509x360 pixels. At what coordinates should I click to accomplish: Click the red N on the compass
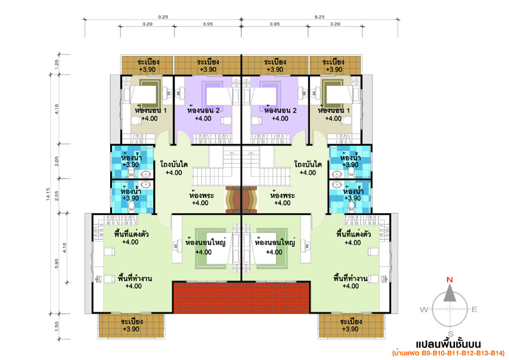point(450,280)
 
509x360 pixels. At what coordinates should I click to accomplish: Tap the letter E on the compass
point(474,309)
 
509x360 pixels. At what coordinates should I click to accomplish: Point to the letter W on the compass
point(424,309)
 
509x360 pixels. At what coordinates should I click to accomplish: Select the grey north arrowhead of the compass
point(450,293)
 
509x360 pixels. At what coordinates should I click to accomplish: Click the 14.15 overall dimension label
point(48,194)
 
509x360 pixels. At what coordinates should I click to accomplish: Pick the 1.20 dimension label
point(57,65)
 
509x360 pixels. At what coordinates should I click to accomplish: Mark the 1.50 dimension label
point(57,326)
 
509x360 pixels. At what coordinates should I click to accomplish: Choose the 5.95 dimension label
point(57,263)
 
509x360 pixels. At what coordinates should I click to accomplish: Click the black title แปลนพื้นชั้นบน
point(449,343)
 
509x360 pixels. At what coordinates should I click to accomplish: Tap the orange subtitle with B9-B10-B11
point(449,353)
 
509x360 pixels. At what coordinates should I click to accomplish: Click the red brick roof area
point(241,298)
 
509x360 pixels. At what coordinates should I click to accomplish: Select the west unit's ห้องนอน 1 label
point(151,111)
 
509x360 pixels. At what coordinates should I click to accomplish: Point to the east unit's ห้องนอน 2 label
point(280,111)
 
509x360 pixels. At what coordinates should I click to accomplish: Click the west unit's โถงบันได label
point(174,164)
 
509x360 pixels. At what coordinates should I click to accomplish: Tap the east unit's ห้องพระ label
point(282,195)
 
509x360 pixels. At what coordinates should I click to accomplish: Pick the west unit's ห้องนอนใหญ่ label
point(205,242)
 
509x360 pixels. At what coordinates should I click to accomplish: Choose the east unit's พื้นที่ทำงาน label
point(351,278)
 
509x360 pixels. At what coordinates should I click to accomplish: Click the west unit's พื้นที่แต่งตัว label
point(131,233)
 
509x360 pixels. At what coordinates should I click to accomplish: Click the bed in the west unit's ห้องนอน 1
point(144,95)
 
